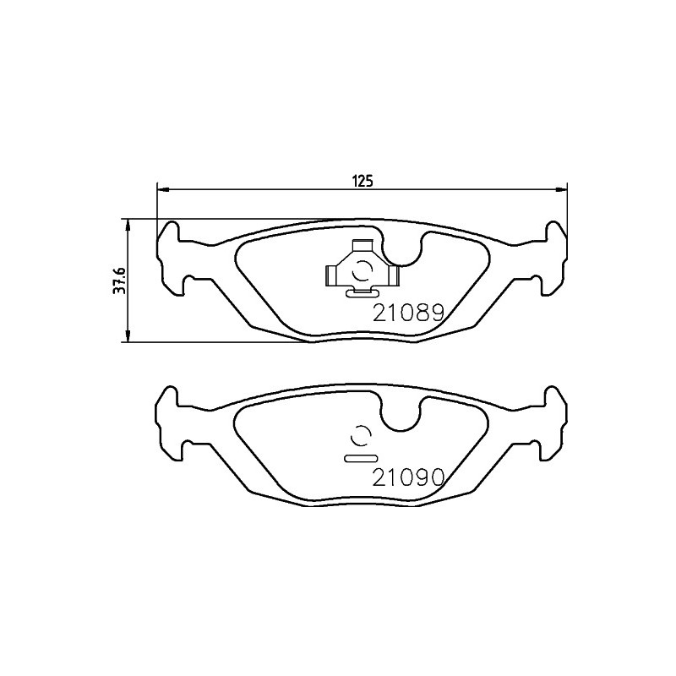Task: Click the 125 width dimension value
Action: pyautogui.click(x=364, y=182)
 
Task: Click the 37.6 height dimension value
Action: pyautogui.click(x=119, y=281)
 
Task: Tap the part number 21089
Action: pyautogui.click(x=408, y=313)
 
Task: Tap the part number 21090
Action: pyautogui.click(x=408, y=477)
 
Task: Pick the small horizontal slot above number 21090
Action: pyautogui.click(x=362, y=458)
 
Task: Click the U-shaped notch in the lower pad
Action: pyautogui.click(x=402, y=414)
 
